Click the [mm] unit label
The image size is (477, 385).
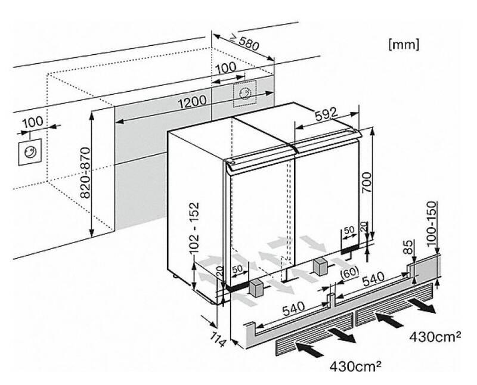404,45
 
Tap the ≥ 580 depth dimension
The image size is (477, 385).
244,42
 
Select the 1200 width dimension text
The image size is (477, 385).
192,101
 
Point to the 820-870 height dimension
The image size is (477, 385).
86,172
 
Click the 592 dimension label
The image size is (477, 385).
326,114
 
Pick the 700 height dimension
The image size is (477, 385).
366,182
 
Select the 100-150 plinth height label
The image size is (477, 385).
430,223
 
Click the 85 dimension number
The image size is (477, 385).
409,247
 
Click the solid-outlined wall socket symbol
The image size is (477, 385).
30,152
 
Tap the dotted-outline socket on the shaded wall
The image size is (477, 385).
244,94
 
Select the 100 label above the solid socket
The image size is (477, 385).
33,122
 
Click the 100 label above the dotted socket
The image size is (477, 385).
225,68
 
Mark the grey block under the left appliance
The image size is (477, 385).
256,289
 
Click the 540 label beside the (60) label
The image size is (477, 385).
373,278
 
